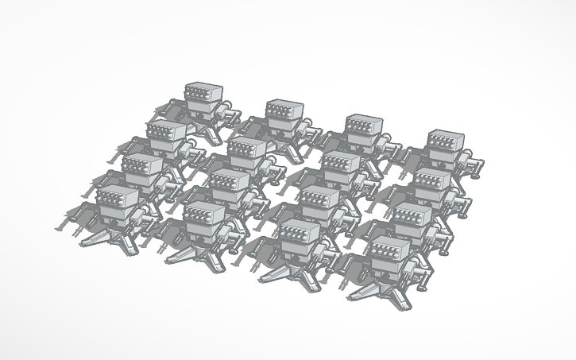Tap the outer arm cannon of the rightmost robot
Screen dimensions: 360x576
click(x=477, y=165)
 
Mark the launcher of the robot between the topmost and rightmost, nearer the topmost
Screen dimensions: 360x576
click(x=284, y=110)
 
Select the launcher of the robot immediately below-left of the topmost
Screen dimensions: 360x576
click(x=166, y=133)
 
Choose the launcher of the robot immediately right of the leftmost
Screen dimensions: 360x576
click(x=203, y=214)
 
